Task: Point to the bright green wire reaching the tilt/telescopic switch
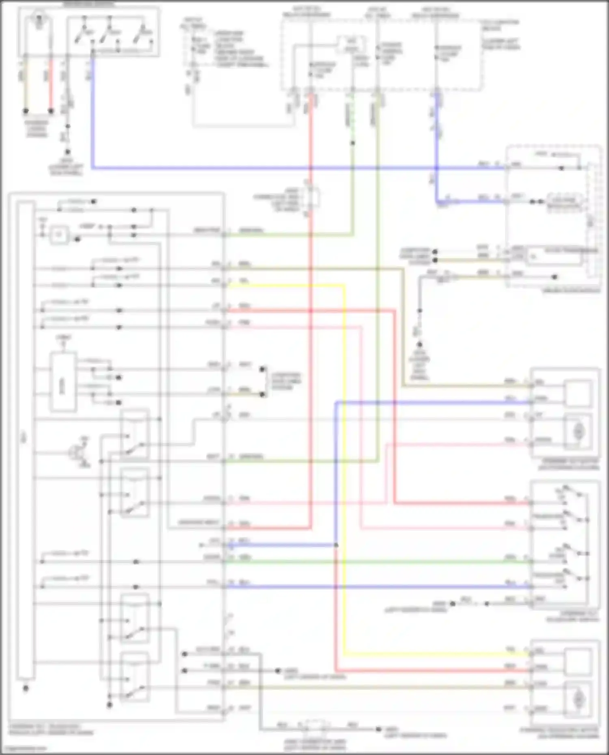click(378, 562)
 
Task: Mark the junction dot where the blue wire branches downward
click(336, 545)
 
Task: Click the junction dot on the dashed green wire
click(352, 143)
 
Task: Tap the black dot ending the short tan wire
click(26, 110)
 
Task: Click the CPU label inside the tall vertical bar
click(25, 438)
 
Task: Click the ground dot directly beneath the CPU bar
click(26, 688)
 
